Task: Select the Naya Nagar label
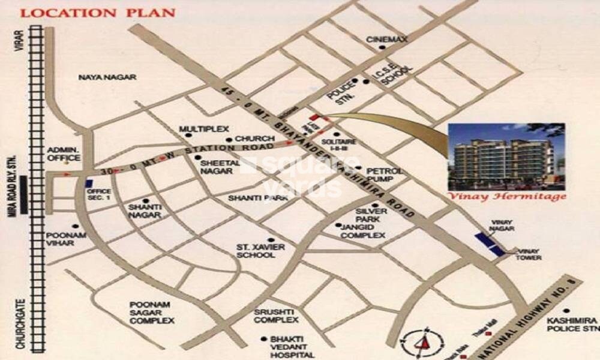click(x=108, y=77)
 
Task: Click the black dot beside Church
click(x=229, y=139)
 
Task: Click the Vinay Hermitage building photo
click(x=506, y=156)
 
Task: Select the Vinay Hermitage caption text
click(x=506, y=196)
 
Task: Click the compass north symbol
click(x=423, y=342)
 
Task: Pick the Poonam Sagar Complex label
click(x=152, y=313)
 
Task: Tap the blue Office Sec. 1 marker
click(x=89, y=183)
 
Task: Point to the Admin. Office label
click(x=64, y=153)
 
